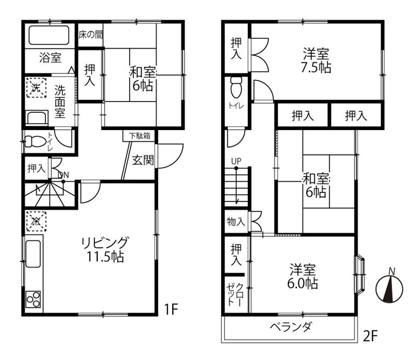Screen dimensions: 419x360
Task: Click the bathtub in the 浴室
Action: pos(49,35)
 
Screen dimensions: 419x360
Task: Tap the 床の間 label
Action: pos(91,35)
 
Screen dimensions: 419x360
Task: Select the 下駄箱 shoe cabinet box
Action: pos(139,136)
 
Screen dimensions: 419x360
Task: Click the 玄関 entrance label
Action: pos(143,160)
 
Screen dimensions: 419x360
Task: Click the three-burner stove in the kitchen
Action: pos(33,299)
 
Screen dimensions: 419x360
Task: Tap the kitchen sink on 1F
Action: pos(33,254)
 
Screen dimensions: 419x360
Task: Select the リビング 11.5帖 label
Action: pos(105,249)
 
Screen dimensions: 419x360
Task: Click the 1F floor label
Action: pos(171,309)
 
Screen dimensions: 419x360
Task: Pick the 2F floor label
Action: pos(370,336)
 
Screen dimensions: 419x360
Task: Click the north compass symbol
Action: pos(389,288)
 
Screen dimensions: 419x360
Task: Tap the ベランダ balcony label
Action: pos(290,327)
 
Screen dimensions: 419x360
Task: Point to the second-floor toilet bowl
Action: pos(236,87)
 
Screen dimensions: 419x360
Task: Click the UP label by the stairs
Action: pos(236,161)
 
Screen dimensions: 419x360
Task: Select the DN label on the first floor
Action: pos(63,175)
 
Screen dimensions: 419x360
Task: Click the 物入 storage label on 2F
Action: pos(235,221)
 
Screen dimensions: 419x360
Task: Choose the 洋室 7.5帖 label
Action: pos(316,60)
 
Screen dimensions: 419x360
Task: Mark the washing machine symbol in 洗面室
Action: pos(36,87)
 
